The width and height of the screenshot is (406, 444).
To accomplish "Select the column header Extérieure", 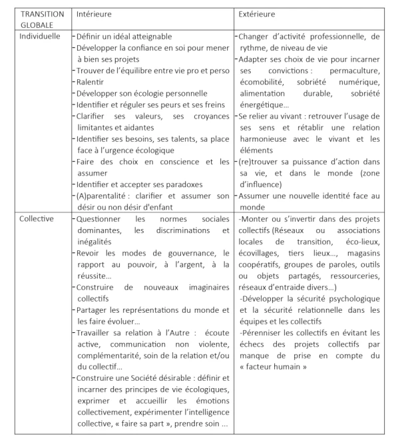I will coord(256,14).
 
